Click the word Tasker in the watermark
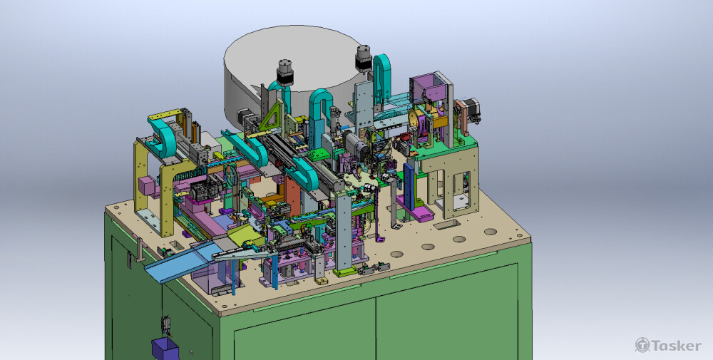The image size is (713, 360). click(676, 346)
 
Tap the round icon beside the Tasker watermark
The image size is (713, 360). click(642, 344)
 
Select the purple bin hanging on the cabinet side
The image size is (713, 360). click(165, 348)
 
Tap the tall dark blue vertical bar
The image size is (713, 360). click(409, 185)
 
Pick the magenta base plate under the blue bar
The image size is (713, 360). click(415, 208)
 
